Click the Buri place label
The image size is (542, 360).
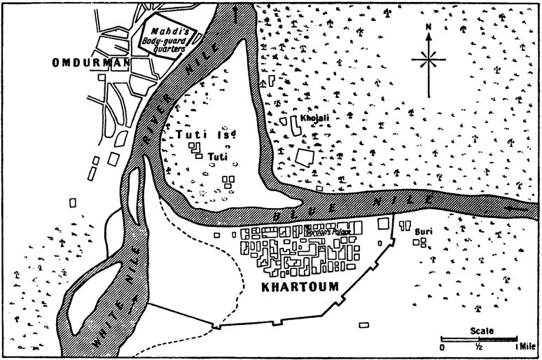pos(422,230)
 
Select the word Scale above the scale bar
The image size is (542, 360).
pos(482,331)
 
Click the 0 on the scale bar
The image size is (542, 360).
pos(442,347)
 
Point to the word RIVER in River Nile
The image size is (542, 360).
pos(153,123)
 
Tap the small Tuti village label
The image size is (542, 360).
pos(214,155)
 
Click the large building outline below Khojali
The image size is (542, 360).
pos(304,156)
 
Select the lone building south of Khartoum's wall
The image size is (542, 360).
pos(363,325)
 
